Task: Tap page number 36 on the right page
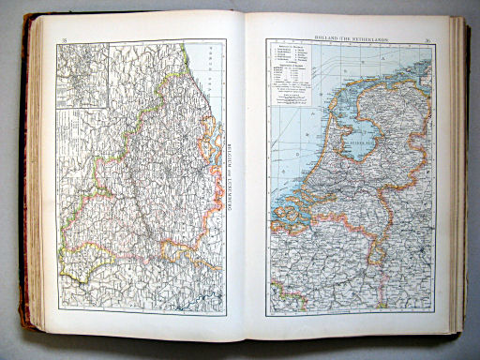click(x=427, y=40)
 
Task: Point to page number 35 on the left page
click(x=64, y=39)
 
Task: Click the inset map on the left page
click(x=82, y=75)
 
